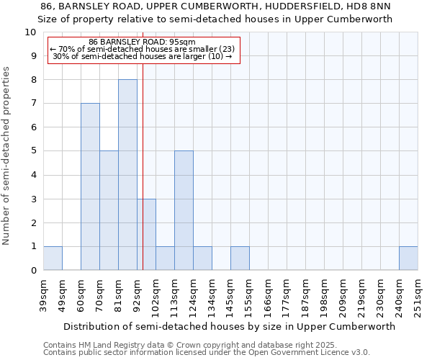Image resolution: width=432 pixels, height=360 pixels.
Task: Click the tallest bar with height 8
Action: (127, 175)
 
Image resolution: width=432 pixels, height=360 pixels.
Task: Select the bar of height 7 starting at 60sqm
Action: (90, 186)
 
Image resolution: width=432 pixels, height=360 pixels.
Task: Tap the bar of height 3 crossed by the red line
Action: (146, 235)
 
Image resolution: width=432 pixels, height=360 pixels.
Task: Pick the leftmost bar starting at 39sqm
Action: (53, 258)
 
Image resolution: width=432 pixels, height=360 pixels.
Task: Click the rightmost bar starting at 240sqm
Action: (408, 258)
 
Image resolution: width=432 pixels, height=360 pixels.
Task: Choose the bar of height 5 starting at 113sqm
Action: (184, 211)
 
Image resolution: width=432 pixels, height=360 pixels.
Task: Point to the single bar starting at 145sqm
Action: (240, 258)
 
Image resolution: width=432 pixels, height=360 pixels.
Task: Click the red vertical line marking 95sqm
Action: (143, 144)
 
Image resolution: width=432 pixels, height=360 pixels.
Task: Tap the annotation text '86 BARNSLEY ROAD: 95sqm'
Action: (142, 42)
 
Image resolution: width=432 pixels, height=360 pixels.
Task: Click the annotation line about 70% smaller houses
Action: (142, 50)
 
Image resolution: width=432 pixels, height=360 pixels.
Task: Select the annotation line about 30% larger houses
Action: (142, 57)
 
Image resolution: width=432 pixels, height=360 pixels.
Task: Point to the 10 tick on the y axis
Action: (30, 32)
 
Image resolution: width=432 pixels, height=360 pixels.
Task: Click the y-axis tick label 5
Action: (33, 151)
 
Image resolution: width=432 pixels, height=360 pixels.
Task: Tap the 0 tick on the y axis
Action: (33, 271)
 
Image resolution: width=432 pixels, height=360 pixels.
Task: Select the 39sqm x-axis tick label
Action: (44, 295)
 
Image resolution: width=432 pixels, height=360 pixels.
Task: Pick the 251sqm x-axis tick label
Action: (418, 295)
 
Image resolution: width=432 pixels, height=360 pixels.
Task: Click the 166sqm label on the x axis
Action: (269, 295)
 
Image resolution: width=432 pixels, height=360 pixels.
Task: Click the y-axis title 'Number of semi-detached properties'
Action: (7, 156)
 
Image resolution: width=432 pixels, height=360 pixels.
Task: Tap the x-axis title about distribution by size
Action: (224, 326)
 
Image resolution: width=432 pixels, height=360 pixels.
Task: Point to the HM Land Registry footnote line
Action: (187, 345)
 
